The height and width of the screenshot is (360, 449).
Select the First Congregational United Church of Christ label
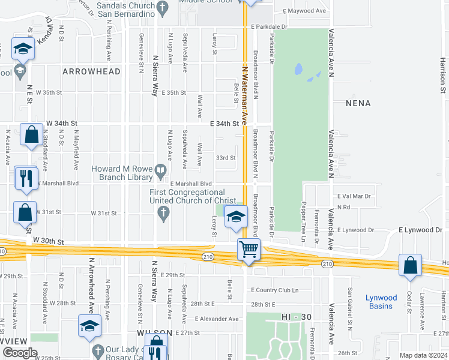click(187, 196)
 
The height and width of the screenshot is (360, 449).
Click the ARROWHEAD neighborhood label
click(91, 71)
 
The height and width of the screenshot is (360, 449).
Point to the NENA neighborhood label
click(358, 103)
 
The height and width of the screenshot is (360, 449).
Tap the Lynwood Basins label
click(381, 302)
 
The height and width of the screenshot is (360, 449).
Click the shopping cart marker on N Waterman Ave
click(249, 249)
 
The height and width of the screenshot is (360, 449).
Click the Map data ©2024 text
click(423, 355)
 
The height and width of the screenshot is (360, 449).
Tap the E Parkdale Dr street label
click(270, 27)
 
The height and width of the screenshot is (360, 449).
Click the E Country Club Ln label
click(275, 290)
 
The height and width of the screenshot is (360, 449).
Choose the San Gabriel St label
click(349, 310)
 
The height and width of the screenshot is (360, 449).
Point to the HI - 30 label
click(294, 316)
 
